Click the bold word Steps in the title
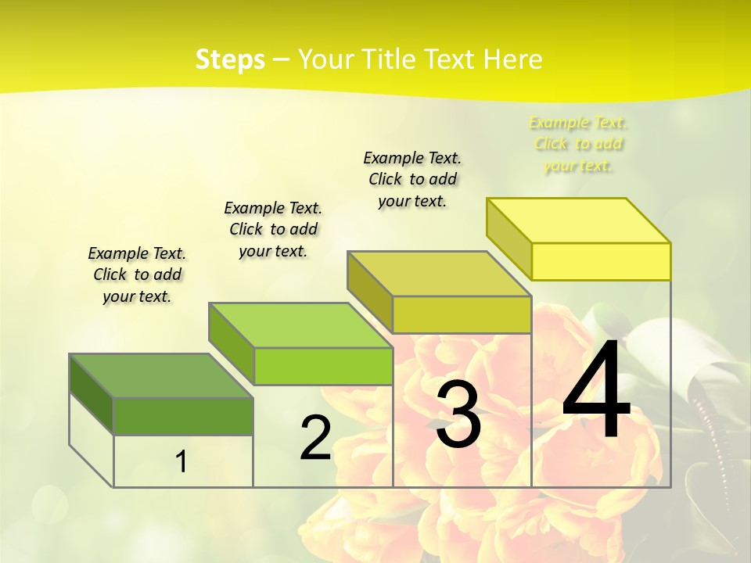230,59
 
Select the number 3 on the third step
458,415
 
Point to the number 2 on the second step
315,438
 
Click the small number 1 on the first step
181,461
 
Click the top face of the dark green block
161,376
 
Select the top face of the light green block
300,325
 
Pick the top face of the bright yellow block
579,221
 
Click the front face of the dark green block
183,416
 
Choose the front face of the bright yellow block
601,261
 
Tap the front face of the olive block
462,314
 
